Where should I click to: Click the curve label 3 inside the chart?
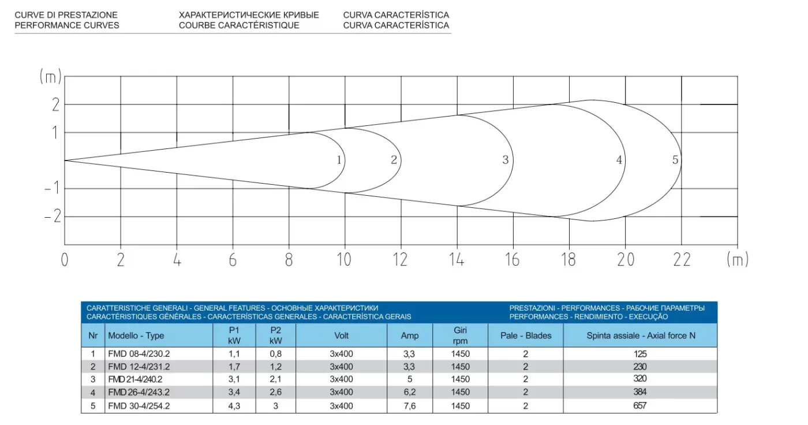click(506, 160)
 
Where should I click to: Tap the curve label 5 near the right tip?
click(675, 160)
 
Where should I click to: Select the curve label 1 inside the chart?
click(339, 160)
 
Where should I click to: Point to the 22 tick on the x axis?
click(682, 259)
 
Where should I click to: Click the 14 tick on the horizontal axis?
click(457, 259)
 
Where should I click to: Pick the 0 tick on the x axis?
click(65, 260)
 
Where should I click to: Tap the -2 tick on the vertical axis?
click(53, 217)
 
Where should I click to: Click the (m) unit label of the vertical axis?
click(51, 76)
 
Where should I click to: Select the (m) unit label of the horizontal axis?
click(738, 259)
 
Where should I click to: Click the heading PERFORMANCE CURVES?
click(67, 25)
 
